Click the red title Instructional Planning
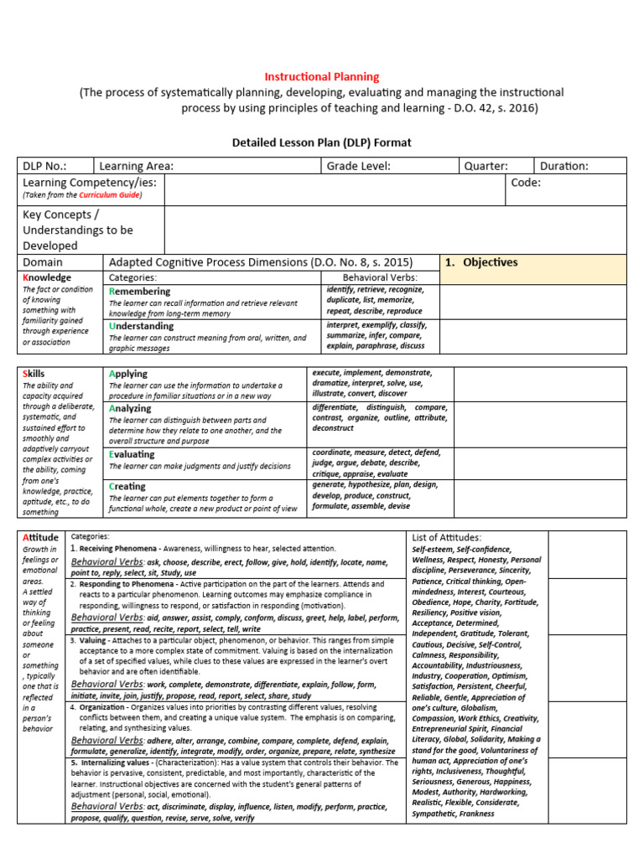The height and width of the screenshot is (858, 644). click(x=322, y=77)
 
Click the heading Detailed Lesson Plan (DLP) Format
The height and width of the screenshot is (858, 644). click(x=321, y=142)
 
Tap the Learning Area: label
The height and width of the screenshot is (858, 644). click(x=136, y=166)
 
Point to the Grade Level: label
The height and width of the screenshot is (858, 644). click(x=359, y=166)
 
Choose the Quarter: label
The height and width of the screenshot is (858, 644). click(x=486, y=166)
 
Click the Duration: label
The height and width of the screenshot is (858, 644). click(x=564, y=166)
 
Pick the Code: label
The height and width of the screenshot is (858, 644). click(x=526, y=183)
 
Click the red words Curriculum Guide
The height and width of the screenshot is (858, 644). click(x=110, y=195)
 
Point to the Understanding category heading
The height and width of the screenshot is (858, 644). click(x=142, y=326)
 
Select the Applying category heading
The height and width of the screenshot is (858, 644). click(x=128, y=374)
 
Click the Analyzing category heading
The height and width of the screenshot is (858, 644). click(x=130, y=408)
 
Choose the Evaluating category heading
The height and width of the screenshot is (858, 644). click(x=132, y=454)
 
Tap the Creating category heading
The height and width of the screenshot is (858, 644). click(x=127, y=486)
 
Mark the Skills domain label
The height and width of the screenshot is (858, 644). click(x=34, y=374)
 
